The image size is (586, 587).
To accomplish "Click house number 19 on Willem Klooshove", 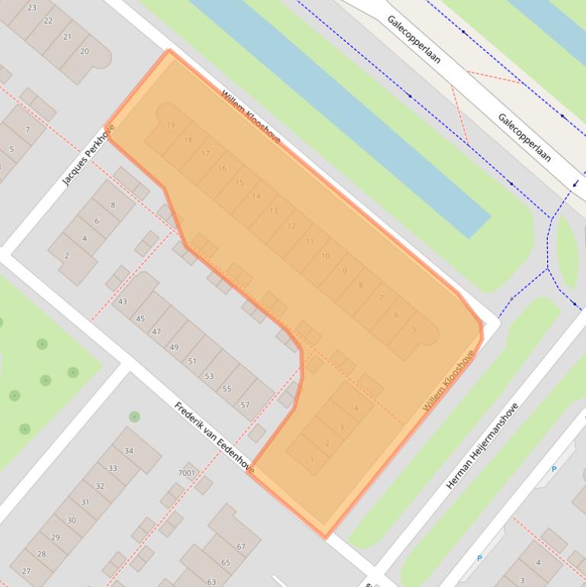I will click(x=171, y=126).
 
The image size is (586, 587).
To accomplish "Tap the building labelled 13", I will click(x=274, y=211).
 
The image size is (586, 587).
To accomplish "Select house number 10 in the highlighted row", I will click(x=325, y=256).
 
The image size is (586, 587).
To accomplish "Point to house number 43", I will click(x=123, y=302).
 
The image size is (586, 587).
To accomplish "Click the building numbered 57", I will click(x=245, y=405).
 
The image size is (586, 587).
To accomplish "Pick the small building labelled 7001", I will click(x=187, y=473).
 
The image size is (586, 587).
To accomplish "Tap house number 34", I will click(x=129, y=451).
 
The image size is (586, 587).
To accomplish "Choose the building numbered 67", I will click(x=241, y=547).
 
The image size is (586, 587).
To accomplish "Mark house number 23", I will click(x=31, y=8).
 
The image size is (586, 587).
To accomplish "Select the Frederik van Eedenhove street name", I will click(x=213, y=437).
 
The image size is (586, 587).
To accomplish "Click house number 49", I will click(x=174, y=348).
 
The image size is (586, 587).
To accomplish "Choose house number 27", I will click(x=27, y=571).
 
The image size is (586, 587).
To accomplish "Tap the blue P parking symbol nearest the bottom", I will click(x=479, y=559).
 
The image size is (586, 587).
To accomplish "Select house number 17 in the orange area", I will click(x=206, y=154).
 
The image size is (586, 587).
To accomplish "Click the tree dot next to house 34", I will click(x=134, y=416).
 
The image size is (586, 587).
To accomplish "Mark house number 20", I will click(x=84, y=52).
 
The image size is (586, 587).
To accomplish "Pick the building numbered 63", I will click(x=212, y=582).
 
